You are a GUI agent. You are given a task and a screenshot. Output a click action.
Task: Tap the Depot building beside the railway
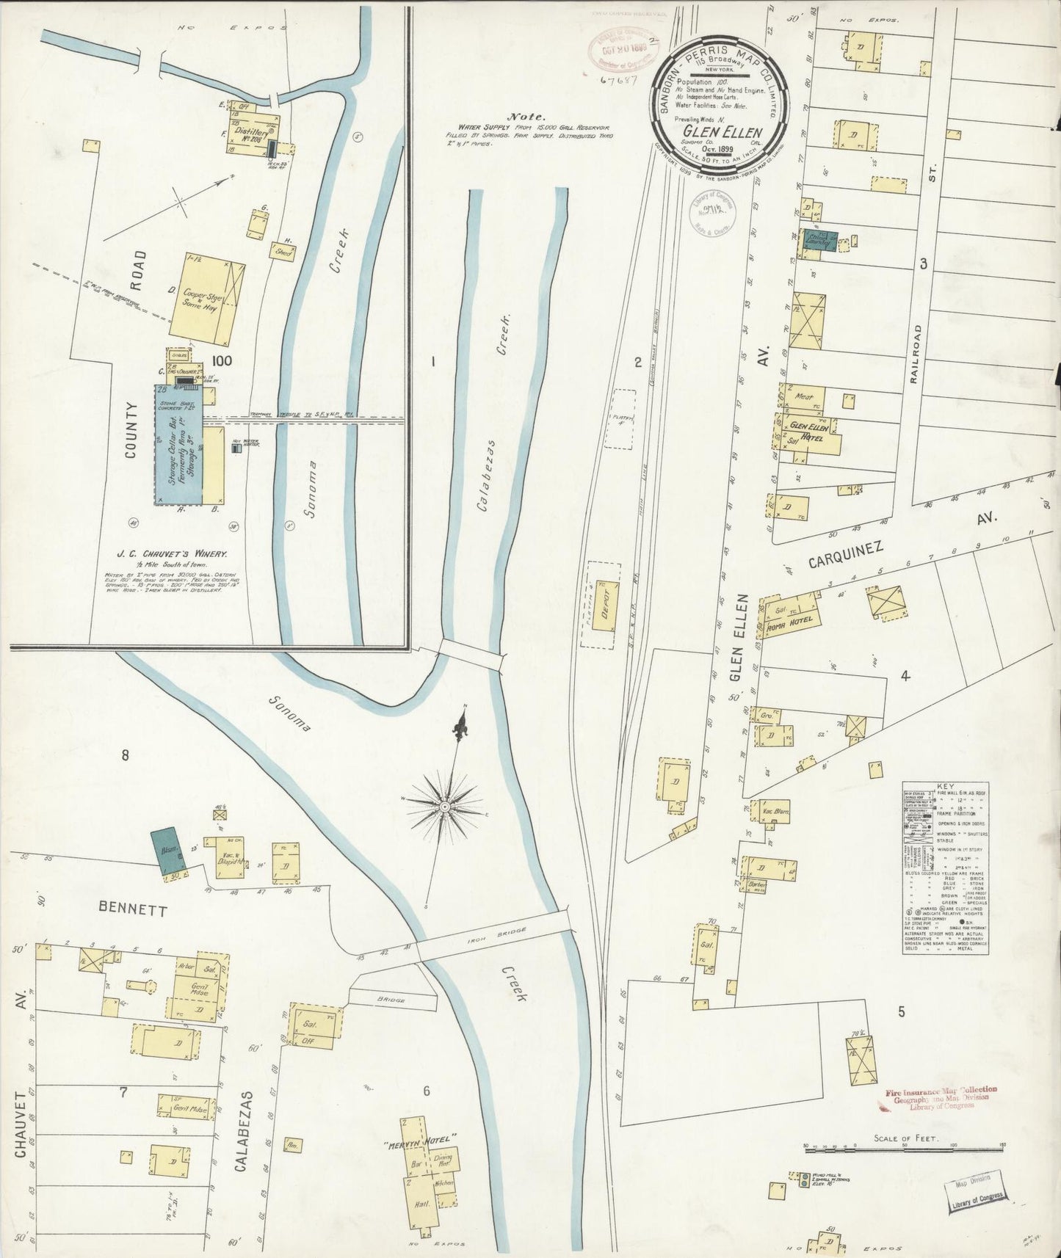(607, 603)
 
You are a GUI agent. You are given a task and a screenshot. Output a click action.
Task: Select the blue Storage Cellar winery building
(178, 445)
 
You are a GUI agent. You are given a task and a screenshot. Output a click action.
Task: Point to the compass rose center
(445, 806)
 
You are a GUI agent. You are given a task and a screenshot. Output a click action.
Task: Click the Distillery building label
(252, 134)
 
